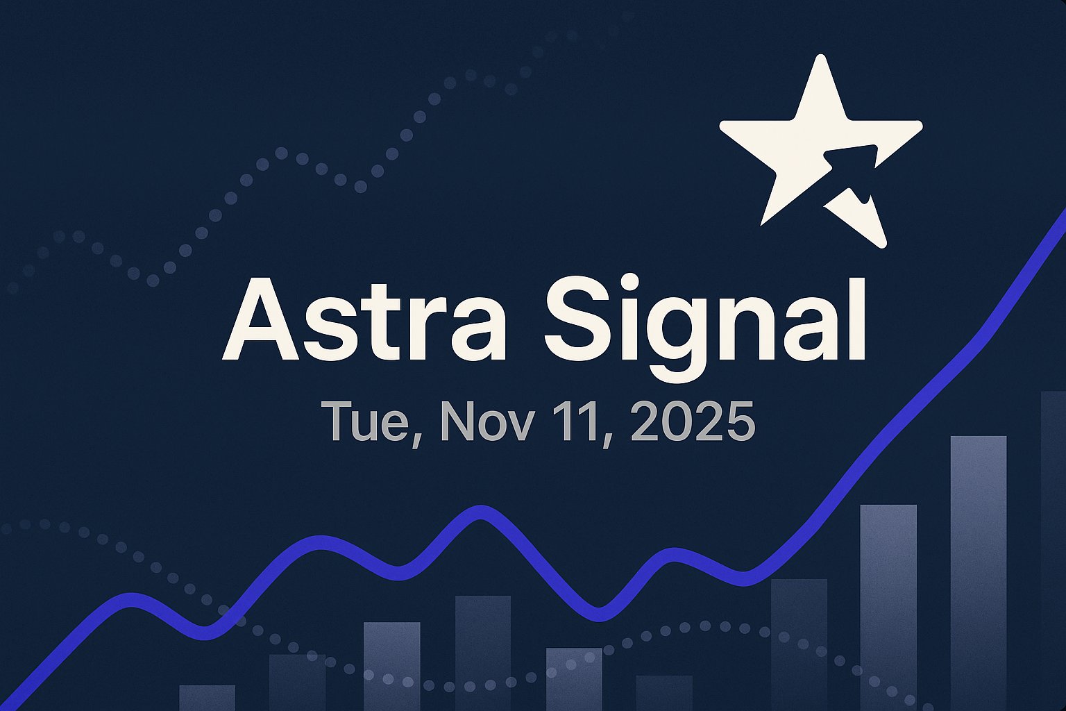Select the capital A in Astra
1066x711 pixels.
coord(260,319)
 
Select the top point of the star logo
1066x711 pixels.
coord(822,60)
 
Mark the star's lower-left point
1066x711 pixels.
coord(765,221)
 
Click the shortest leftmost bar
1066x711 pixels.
coord(207,697)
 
